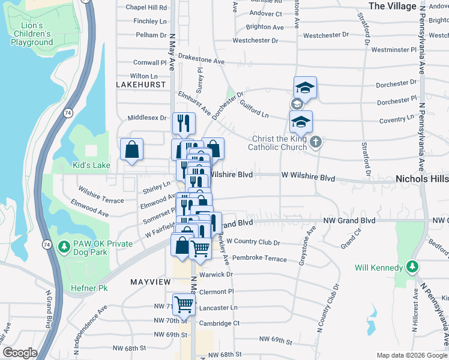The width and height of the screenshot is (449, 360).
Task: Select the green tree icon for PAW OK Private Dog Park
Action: (x=64, y=246)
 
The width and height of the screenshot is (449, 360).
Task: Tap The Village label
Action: (x=392, y=6)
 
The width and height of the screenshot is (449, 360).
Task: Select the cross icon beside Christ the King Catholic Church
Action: (x=316, y=142)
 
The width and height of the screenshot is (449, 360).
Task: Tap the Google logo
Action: (x=19, y=352)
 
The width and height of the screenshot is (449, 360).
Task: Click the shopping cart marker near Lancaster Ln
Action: (x=184, y=304)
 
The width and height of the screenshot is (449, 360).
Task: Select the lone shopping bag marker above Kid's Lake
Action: (x=131, y=151)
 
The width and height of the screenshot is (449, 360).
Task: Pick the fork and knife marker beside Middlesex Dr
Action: (x=184, y=123)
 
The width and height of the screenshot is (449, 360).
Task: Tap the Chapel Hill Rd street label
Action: (x=146, y=8)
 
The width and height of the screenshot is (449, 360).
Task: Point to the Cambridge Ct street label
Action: (x=219, y=323)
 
